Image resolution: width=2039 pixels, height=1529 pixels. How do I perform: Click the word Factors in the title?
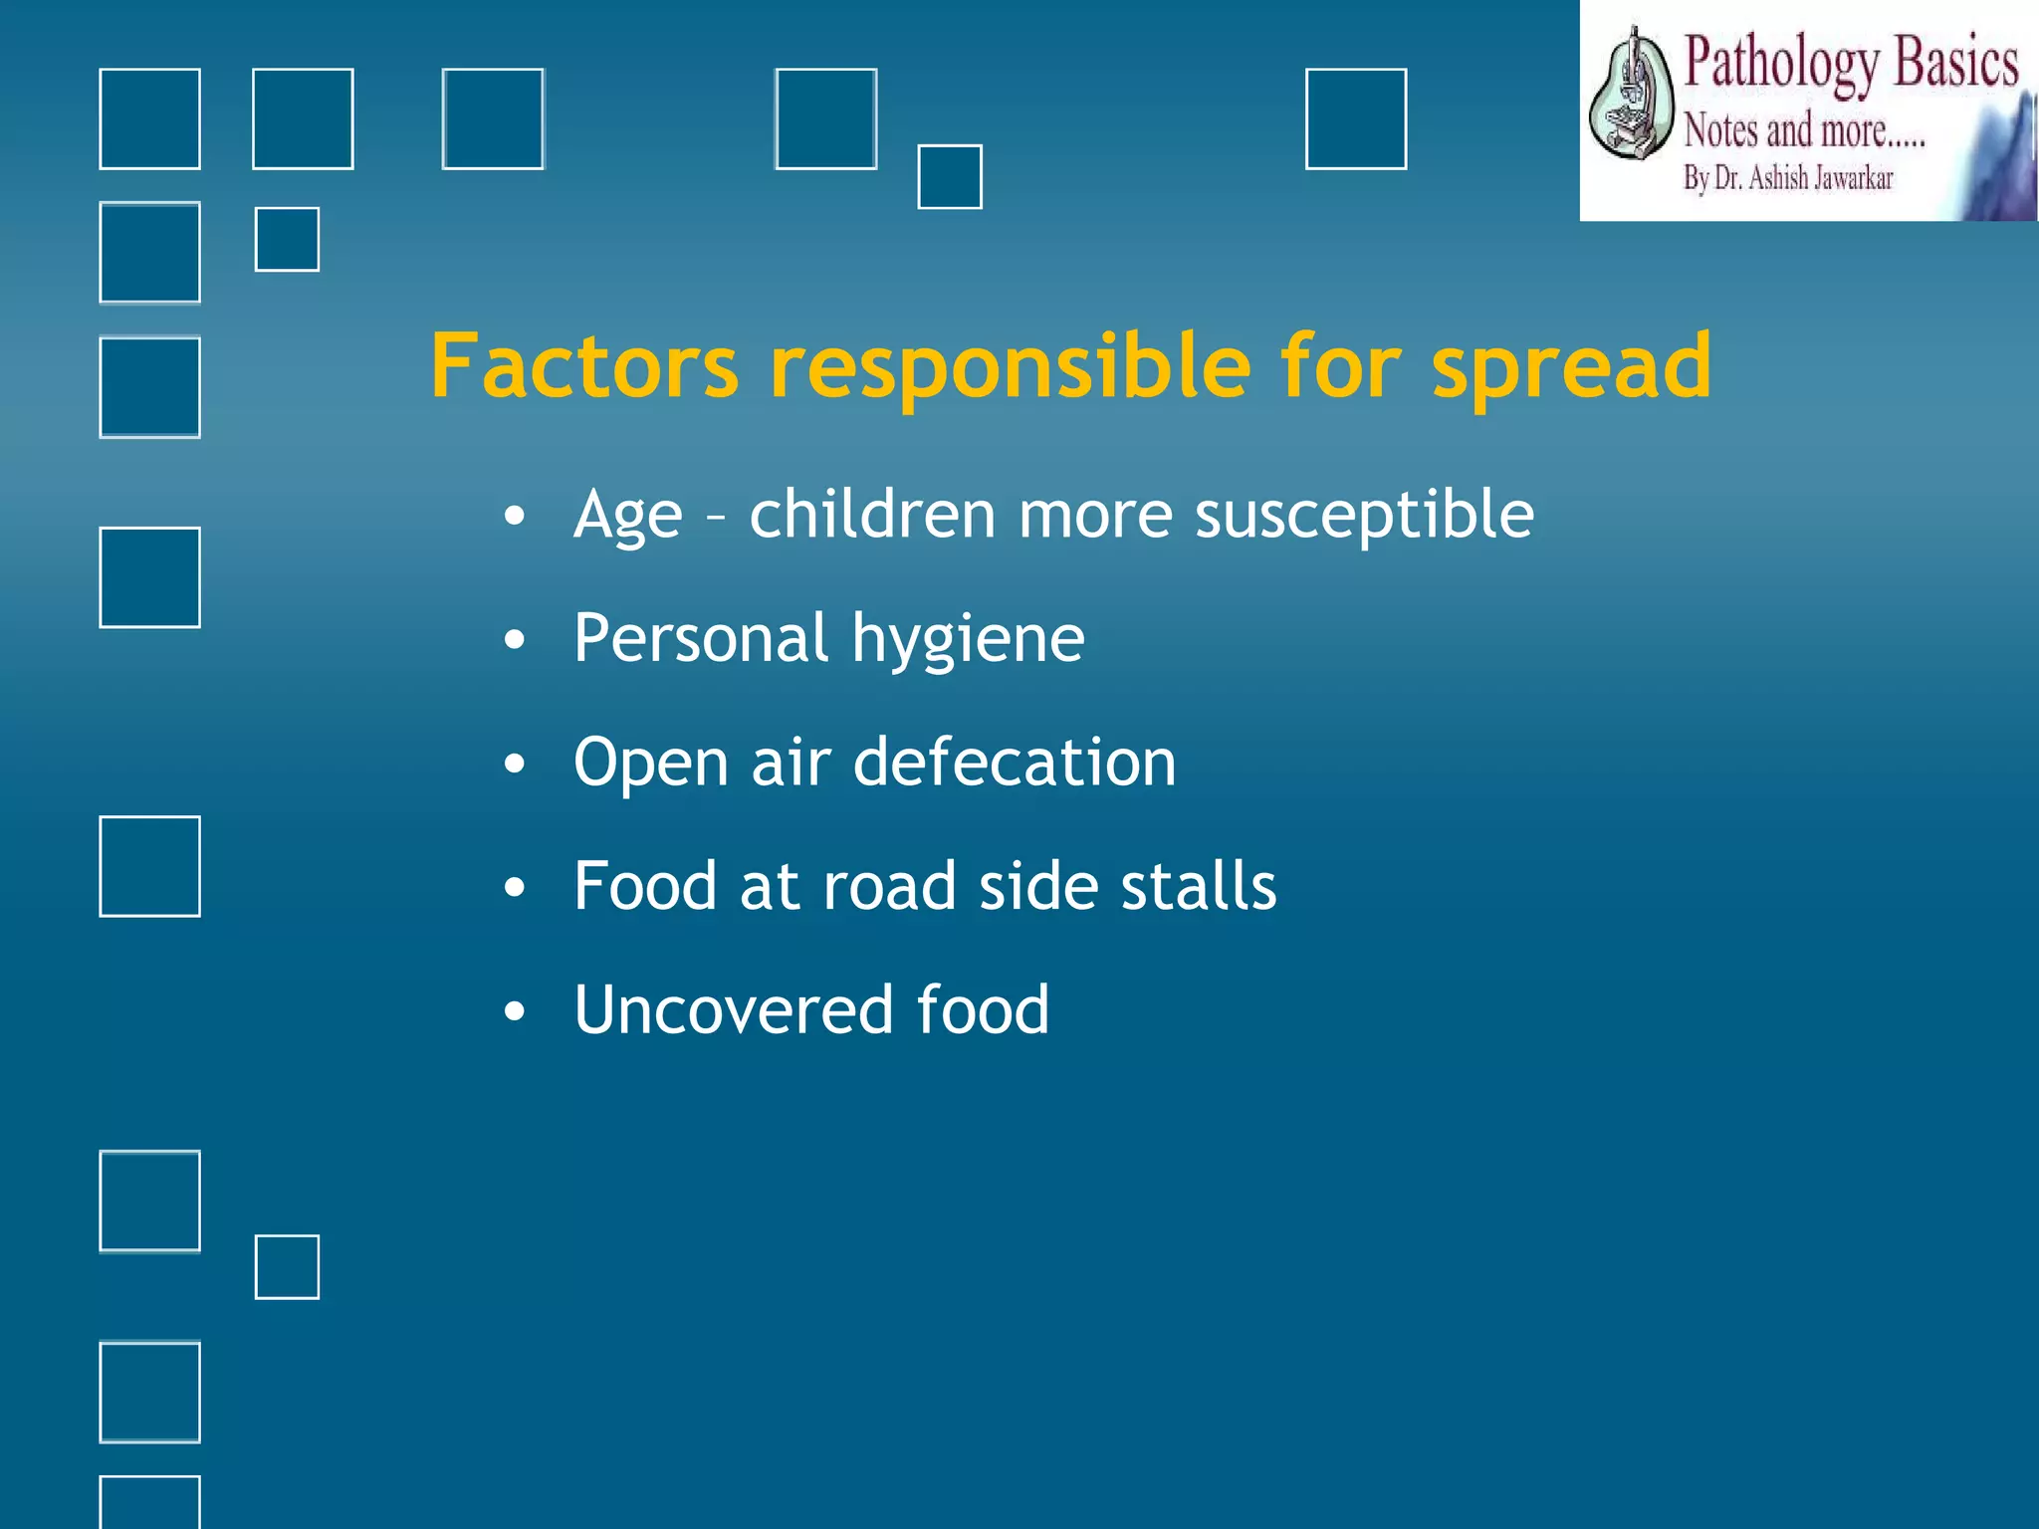(584, 366)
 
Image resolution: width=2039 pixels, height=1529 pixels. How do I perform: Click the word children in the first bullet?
(872, 515)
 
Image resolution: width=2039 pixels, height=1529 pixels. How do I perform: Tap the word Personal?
(700, 639)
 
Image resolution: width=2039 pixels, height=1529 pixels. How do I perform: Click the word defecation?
(1015, 763)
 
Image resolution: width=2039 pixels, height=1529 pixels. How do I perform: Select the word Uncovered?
(733, 1010)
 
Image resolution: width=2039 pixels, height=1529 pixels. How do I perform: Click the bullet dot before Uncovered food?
(514, 1012)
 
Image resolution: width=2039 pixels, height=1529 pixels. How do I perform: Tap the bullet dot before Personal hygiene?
(514, 640)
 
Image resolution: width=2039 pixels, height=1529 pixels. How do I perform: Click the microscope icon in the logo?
(1630, 96)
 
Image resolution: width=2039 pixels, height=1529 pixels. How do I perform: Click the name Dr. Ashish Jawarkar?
(1803, 179)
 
